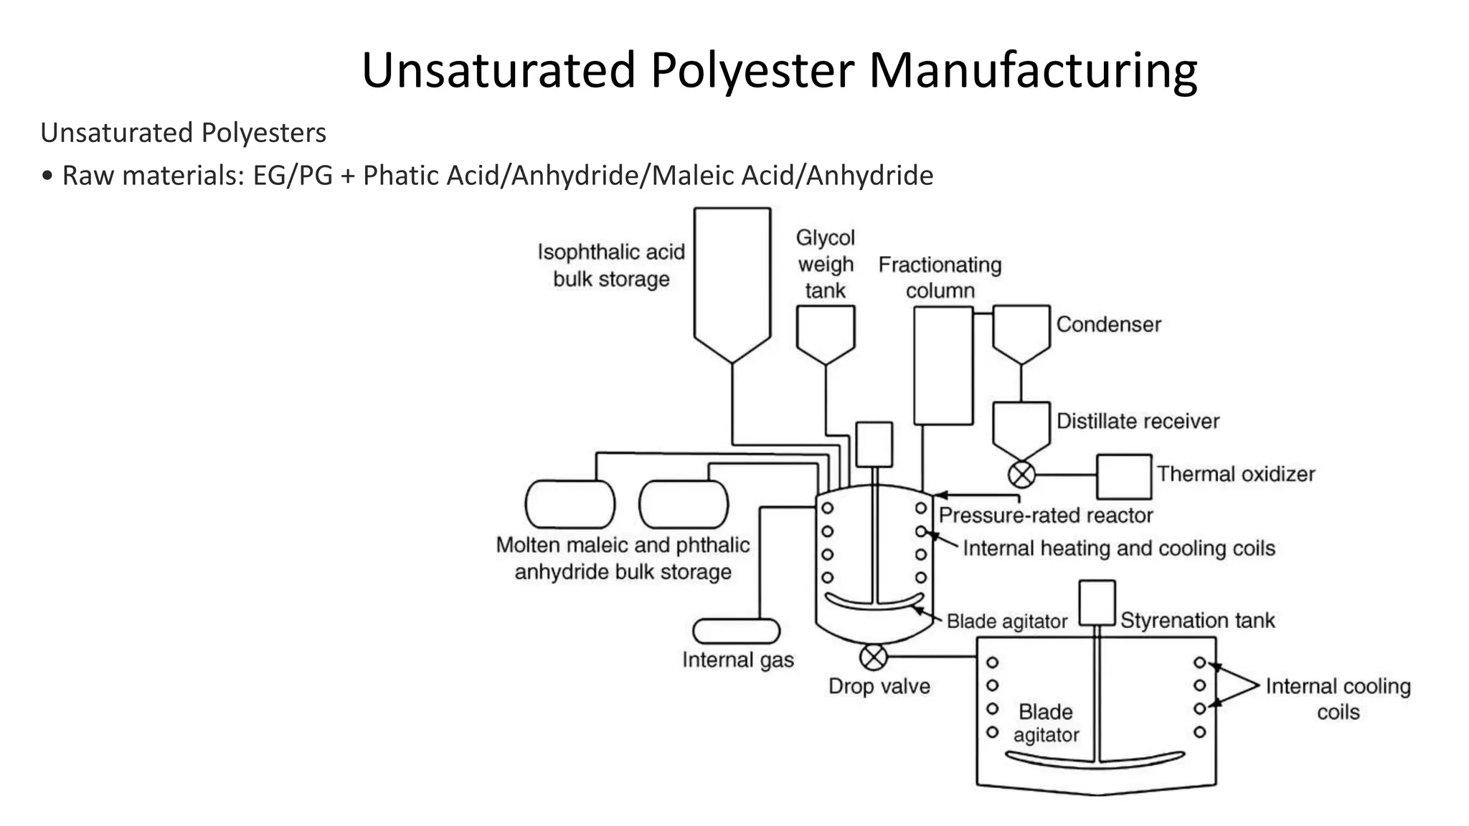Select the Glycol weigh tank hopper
click(825, 331)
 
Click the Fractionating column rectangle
click(943, 366)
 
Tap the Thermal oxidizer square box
click(1123, 476)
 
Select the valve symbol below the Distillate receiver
click(1021, 474)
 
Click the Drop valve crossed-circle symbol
click(873, 656)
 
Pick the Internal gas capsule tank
click(736, 631)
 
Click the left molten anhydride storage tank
click(570, 504)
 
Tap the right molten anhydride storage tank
click(683, 504)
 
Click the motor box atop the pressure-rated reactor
click(874, 444)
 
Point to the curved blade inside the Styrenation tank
click(1095, 761)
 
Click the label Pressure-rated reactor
click(1045, 516)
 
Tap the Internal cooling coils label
click(1337, 698)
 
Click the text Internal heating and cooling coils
click(1118, 549)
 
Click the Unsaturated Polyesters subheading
click(184, 133)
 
